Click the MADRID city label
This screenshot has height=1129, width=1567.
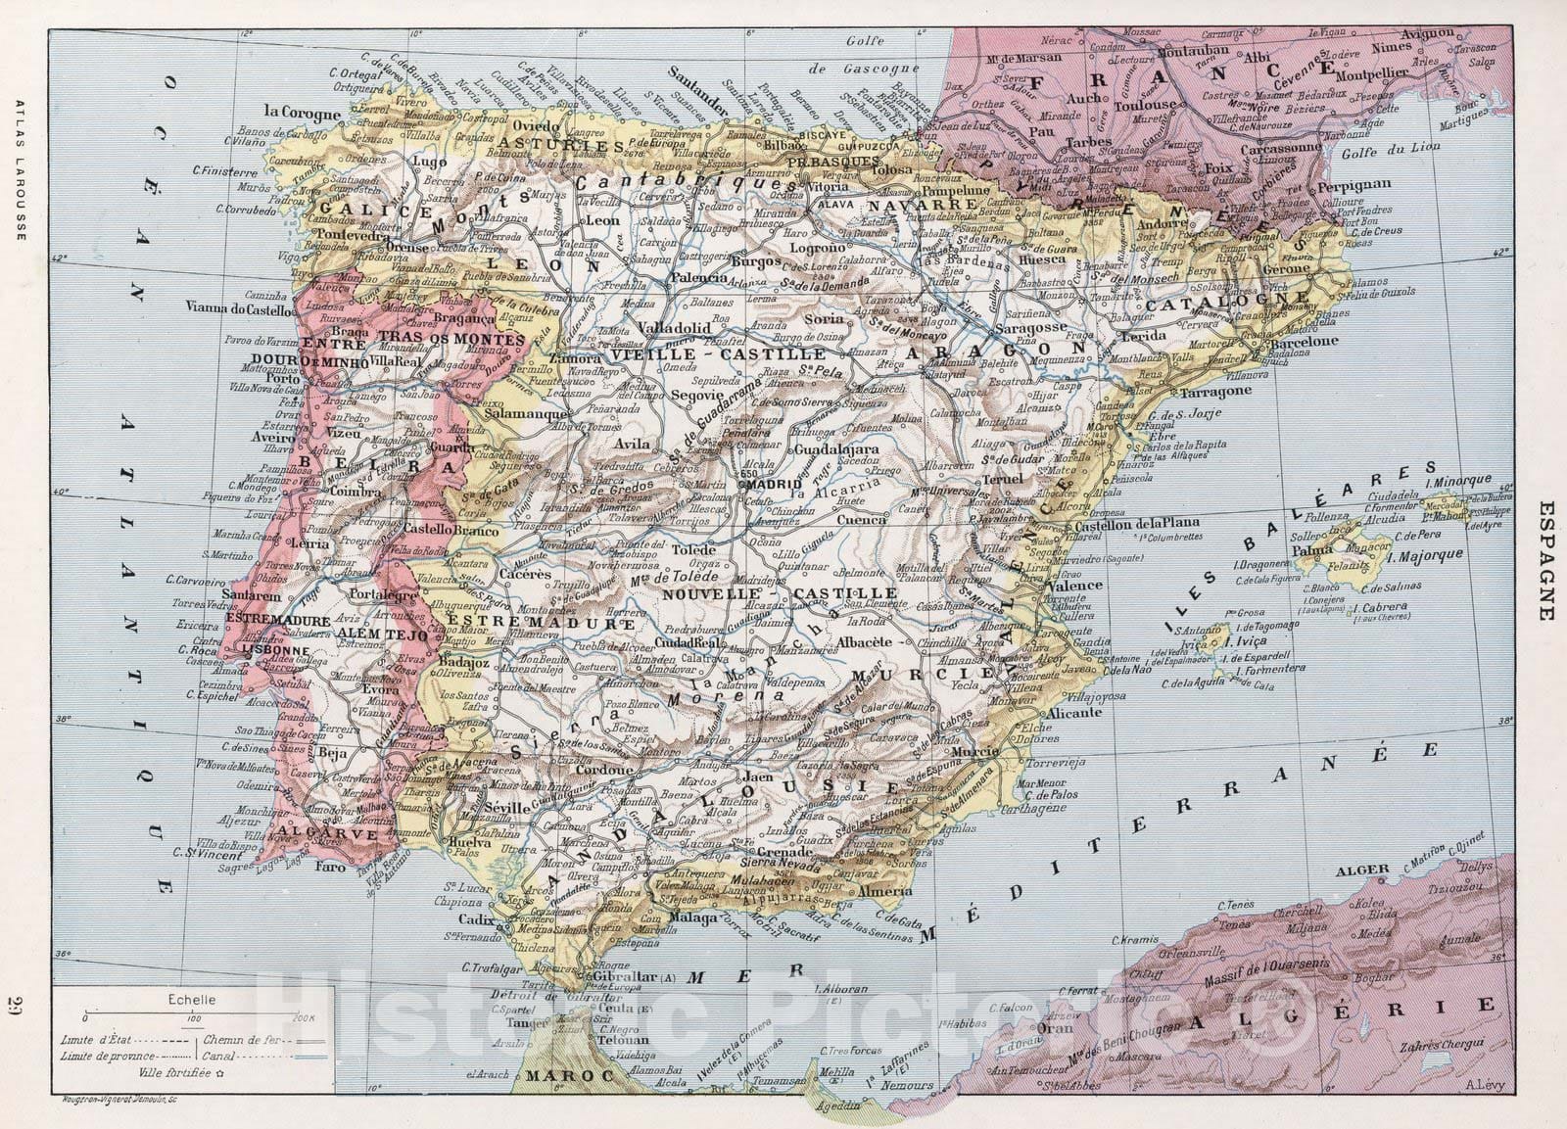[x=780, y=483]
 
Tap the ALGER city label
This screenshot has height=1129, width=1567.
[x=1369, y=870]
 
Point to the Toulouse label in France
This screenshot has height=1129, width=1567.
[x=1170, y=104]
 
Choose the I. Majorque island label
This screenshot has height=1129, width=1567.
[x=1425, y=554]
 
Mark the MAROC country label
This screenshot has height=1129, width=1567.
[x=557, y=1074]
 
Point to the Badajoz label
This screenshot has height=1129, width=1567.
[x=466, y=662]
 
